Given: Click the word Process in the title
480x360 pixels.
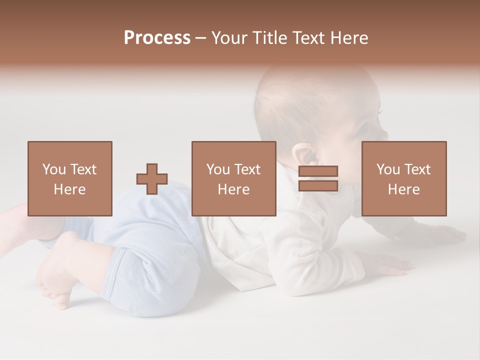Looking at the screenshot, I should tap(157, 38).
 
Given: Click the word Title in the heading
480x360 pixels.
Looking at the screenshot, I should tap(270, 38).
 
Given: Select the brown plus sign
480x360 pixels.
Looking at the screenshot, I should tap(152, 178).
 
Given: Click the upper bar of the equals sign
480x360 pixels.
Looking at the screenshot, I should tap(318, 171).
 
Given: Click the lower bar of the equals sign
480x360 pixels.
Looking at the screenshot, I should tap(318, 185).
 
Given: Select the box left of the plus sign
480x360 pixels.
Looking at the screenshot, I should tap(69, 178).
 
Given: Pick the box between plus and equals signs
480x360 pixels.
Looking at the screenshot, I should tap(233, 178).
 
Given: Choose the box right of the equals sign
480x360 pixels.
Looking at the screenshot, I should tap(403, 178).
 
